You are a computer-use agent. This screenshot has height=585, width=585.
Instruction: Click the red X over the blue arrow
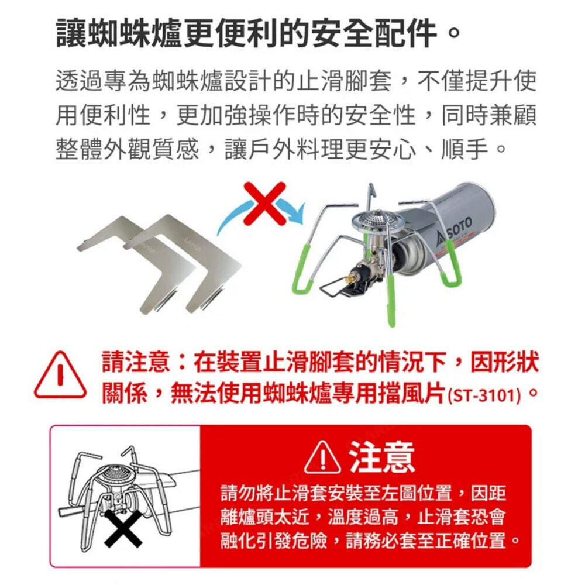tap(264, 204)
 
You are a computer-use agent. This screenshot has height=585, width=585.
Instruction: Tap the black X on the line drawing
tap(123, 528)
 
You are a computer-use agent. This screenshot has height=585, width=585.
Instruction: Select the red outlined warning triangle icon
tap(60, 375)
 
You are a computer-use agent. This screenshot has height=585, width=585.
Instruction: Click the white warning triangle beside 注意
tap(322, 457)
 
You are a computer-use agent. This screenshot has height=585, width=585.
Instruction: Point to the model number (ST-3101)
tap(484, 395)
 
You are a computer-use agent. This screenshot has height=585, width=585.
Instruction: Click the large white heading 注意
tap(381, 457)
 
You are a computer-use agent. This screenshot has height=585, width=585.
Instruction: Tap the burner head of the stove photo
tap(376, 222)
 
